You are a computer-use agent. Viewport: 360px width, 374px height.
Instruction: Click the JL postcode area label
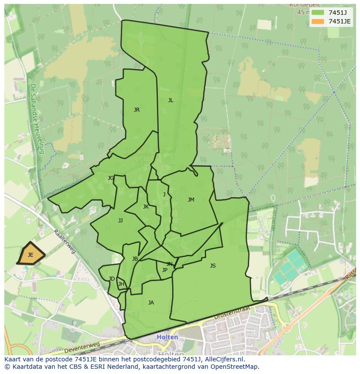tap(171, 100)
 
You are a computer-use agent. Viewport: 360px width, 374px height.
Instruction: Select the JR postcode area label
tap(137, 110)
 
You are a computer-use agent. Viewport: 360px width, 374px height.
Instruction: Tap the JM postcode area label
tap(191, 200)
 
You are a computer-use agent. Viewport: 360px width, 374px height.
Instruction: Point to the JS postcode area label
tap(213, 266)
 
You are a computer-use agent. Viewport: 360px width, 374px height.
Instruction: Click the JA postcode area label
tap(151, 303)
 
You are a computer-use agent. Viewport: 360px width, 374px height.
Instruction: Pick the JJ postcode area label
tap(120, 221)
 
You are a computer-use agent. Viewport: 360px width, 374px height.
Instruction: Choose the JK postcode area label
tap(146, 207)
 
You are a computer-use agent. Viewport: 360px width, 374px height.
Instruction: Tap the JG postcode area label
tap(111, 178)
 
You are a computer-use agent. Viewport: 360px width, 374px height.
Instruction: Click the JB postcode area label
tap(135, 259)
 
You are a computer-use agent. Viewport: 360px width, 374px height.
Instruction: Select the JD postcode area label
tap(112, 279)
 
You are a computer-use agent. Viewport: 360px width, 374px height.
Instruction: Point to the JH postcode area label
tap(121, 285)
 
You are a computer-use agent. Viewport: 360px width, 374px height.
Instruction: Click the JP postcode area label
tap(164, 270)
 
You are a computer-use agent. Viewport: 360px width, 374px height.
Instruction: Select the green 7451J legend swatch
tap(317, 12)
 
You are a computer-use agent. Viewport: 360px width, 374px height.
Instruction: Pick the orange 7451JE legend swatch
tap(317, 21)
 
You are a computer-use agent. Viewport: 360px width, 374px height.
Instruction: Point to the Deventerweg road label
tap(82, 348)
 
